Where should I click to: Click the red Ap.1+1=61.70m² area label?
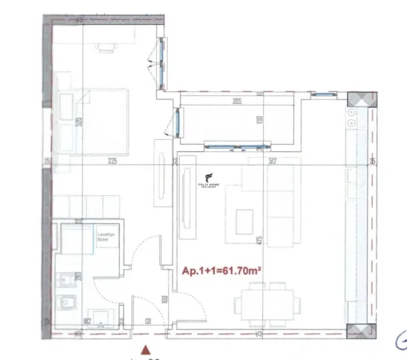coord(223,271)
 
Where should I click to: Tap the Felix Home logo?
coord(209,182)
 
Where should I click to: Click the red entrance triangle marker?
coord(145,349)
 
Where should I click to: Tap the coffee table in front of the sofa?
coord(245,216)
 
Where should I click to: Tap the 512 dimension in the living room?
coord(273,162)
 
